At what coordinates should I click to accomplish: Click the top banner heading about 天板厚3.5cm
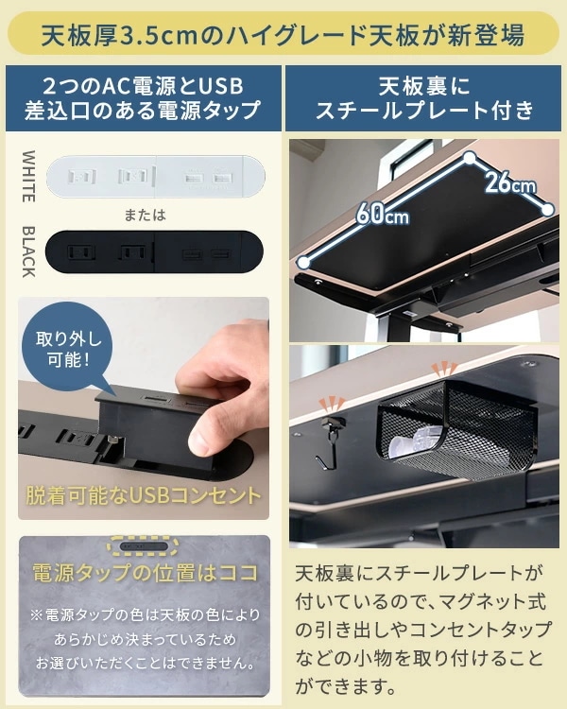pos(283,36)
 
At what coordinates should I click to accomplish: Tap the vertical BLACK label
pos(28,251)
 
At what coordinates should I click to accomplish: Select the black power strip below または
pos(157,252)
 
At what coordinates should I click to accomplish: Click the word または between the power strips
pos(145,215)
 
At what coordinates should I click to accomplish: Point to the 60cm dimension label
pos(383,216)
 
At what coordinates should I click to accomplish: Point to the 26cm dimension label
pos(511,182)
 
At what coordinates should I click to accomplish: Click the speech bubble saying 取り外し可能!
pos(68,350)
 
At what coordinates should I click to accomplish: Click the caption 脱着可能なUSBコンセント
pos(143,494)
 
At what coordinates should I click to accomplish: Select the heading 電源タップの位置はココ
pos(143,574)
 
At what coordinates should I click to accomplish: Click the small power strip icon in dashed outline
pos(143,547)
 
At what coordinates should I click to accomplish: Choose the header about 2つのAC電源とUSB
pos(143,98)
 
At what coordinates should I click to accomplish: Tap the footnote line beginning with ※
pos(145,615)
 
